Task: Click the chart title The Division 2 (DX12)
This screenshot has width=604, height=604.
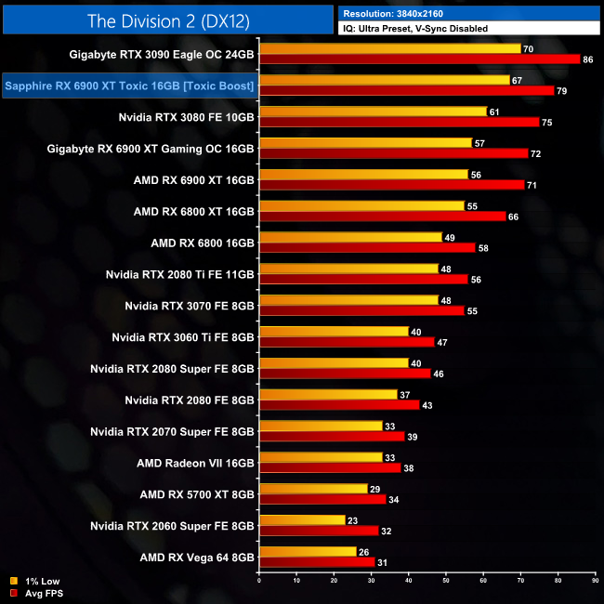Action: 167,20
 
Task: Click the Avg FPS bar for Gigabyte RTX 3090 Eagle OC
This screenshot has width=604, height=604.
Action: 419,59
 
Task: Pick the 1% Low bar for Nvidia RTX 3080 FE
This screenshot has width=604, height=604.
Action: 373,112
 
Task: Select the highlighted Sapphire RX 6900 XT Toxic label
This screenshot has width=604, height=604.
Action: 129,86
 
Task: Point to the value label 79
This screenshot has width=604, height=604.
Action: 561,91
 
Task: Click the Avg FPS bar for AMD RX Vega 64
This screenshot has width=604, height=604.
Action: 317,562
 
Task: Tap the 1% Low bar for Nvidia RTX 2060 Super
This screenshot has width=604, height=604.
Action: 302,520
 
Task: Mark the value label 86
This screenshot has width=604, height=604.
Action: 587,59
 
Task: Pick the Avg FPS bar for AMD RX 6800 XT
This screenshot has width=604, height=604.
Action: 382,217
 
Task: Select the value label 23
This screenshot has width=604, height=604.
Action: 353,520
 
